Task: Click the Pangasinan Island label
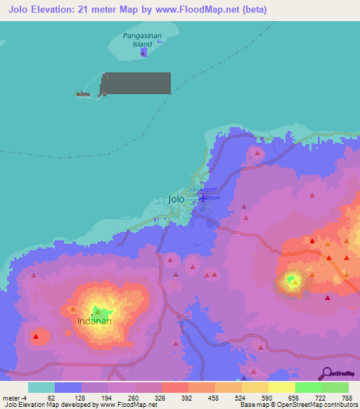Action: (143, 39)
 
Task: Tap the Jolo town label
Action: (176, 199)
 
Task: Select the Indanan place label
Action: (94, 321)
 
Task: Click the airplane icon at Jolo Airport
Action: (204, 198)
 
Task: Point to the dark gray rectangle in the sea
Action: (136, 83)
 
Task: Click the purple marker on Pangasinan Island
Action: (143, 51)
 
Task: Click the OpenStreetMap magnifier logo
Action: (326, 373)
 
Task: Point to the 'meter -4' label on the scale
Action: (15, 397)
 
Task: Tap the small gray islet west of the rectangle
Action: (84, 93)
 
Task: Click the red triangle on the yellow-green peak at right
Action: (295, 282)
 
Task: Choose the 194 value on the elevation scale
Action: (108, 397)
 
